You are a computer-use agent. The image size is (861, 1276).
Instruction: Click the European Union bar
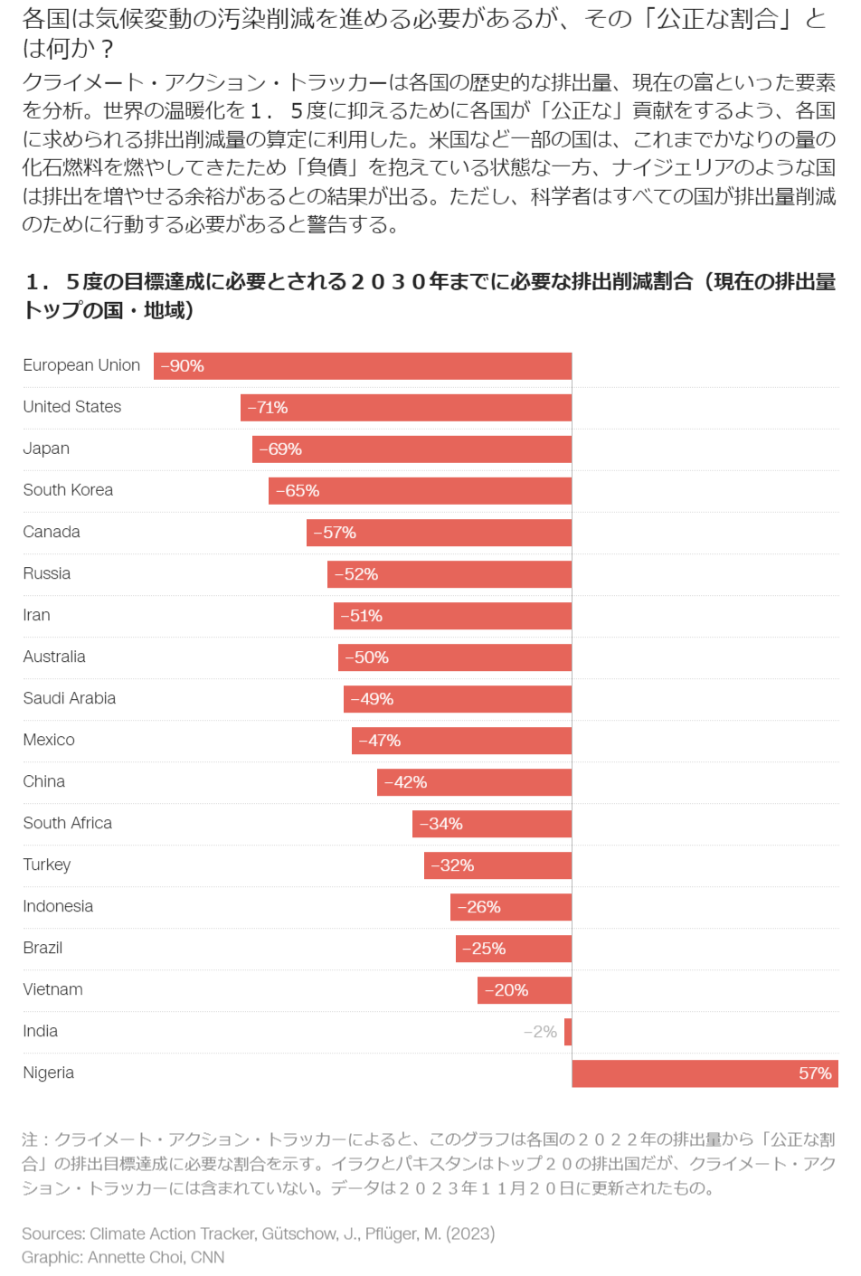(362, 366)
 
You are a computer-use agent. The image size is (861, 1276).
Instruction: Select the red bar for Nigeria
(705, 1073)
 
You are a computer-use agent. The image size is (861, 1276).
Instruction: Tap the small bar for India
(568, 1032)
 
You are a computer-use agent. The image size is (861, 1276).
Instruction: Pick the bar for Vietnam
(525, 990)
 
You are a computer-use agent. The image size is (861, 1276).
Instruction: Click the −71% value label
(268, 408)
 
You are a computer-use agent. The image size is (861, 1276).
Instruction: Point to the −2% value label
(540, 1032)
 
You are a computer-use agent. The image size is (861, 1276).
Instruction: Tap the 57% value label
(815, 1073)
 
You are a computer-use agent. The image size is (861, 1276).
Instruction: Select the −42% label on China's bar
(405, 782)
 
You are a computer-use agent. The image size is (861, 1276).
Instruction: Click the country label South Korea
(68, 490)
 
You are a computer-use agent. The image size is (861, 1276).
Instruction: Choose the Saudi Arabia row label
(69, 698)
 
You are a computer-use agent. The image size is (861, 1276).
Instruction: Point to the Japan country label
(46, 449)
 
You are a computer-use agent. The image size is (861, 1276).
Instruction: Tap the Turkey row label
(47, 865)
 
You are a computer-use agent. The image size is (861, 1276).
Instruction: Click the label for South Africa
(67, 823)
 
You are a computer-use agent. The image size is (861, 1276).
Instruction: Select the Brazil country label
(43, 948)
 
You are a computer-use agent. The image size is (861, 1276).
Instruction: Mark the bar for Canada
(439, 533)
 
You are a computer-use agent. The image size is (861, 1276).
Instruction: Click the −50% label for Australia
(366, 657)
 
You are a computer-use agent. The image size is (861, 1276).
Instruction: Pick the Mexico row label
(49, 740)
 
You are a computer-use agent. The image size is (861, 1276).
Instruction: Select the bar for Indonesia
(511, 907)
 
